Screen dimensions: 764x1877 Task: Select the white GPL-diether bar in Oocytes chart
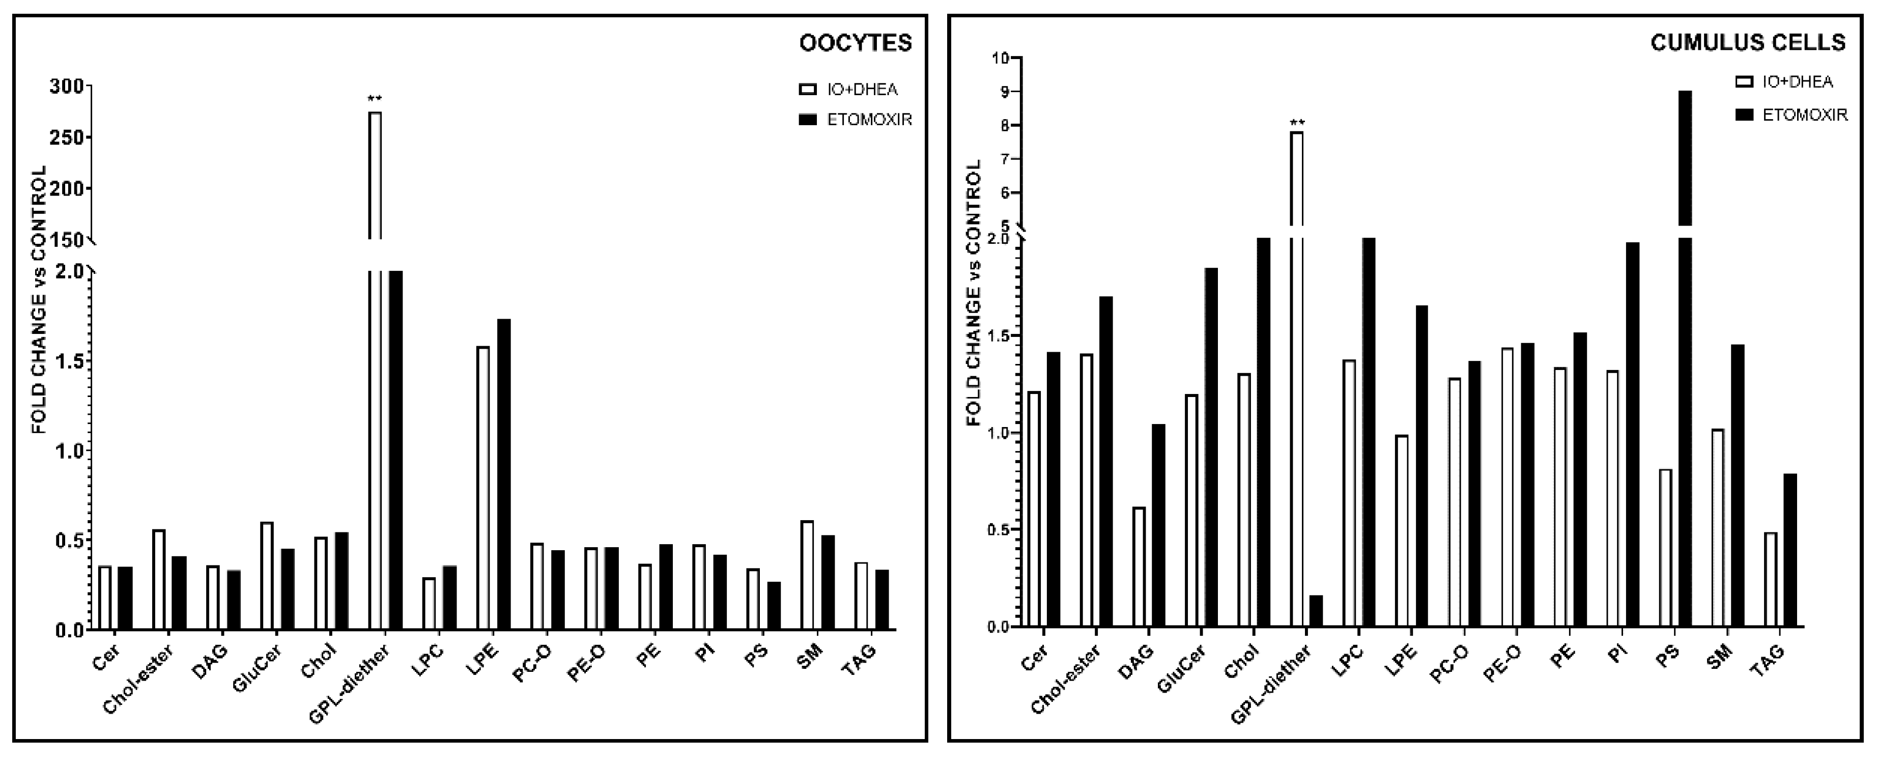375,364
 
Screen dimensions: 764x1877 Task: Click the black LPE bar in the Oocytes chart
503,474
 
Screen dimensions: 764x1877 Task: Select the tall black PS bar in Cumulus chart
1684,364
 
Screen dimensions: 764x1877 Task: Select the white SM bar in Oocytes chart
807,575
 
